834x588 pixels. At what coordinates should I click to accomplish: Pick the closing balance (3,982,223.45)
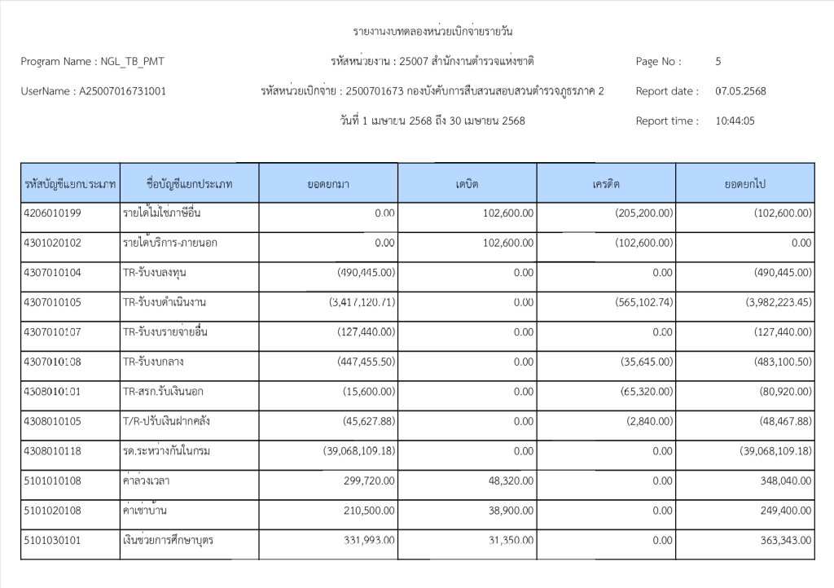[x=779, y=303]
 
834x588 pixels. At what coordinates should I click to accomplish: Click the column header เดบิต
[x=467, y=184]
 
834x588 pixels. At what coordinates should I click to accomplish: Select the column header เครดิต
[x=606, y=184]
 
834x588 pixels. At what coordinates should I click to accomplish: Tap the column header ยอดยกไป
[x=744, y=184]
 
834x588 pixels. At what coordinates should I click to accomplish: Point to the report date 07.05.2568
[x=740, y=91]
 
